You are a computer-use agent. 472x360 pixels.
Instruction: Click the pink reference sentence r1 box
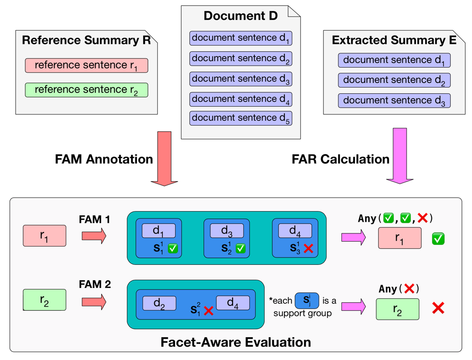pos(87,66)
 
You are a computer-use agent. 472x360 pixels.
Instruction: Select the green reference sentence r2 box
pos(87,90)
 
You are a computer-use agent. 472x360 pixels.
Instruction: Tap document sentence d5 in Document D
pos(241,118)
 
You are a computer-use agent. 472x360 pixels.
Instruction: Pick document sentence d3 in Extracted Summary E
pos(394,101)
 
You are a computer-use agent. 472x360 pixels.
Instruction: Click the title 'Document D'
pos(240,15)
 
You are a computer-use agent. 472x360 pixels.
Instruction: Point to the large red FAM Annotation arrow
pos(164,158)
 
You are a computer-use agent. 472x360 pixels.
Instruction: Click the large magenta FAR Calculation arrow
pos(400,156)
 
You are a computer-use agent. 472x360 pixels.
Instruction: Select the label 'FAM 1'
pos(94,219)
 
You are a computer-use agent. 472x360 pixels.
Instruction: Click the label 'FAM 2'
pos(95,284)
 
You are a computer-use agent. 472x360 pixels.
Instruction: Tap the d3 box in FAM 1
pos(227,230)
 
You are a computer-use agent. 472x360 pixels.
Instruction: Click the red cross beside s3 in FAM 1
pos(309,248)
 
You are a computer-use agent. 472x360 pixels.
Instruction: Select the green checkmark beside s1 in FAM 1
pos(173,248)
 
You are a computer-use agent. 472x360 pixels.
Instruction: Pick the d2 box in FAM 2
pos(159,303)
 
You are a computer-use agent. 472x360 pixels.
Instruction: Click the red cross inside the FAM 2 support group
pos(208,311)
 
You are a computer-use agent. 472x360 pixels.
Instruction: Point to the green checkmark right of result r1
pos(438,239)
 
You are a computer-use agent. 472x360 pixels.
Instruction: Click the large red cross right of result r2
pos(438,308)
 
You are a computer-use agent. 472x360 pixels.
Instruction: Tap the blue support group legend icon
pos(307,301)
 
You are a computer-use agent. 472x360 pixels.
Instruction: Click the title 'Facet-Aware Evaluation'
pos(236,342)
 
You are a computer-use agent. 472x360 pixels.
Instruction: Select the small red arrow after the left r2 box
pos(94,302)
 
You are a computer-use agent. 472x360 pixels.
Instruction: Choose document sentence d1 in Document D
pos(241,38)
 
